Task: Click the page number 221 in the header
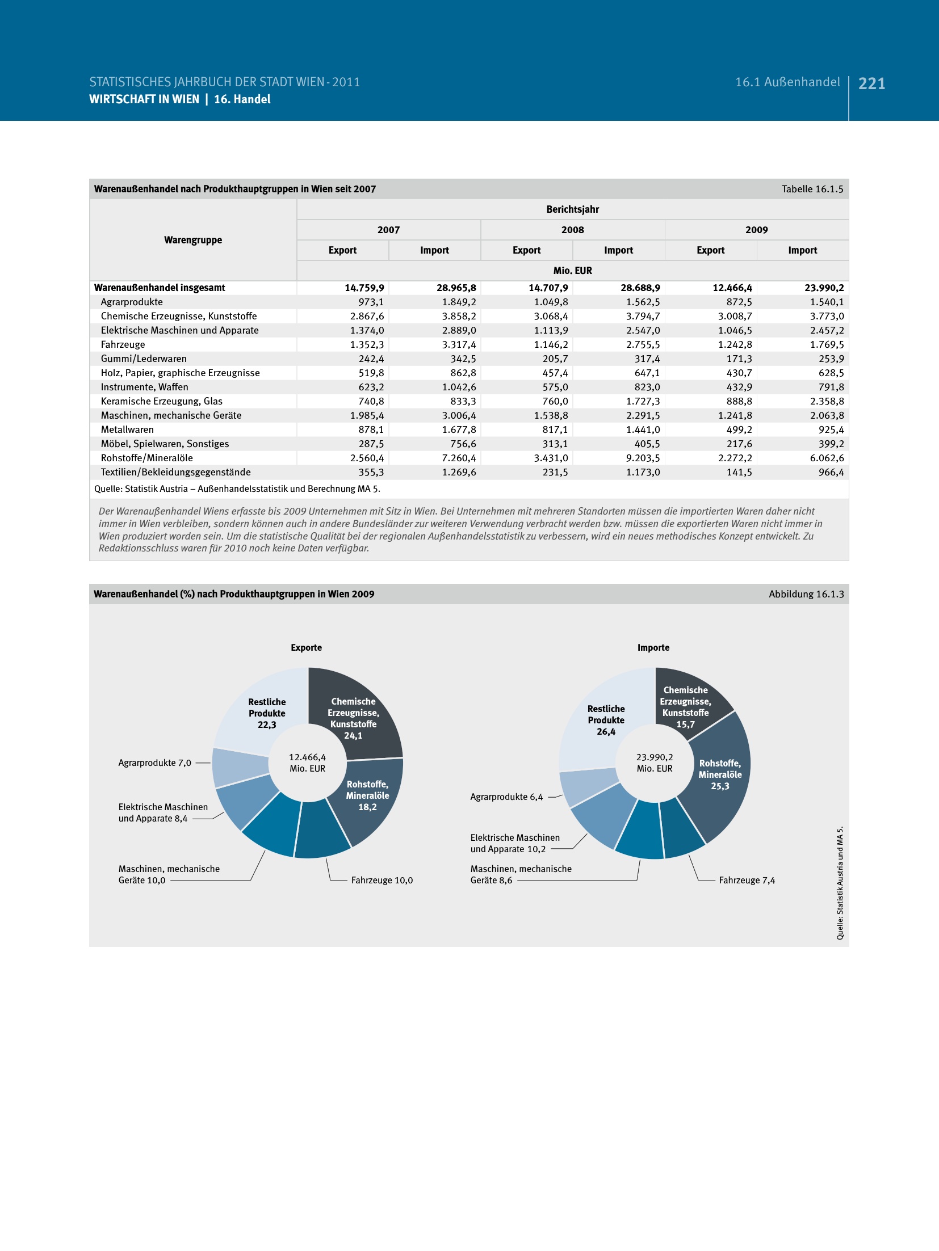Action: coord(871,84)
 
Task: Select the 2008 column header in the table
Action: coord(572,230)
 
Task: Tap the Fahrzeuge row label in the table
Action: coord(123,344)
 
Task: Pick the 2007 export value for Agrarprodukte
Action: coord(371,302)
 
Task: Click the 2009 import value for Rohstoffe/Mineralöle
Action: coord(827,458)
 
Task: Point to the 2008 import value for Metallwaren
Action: coord(643,429)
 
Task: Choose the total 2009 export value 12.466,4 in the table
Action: coord(732,288)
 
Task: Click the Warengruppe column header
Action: coord(193,240)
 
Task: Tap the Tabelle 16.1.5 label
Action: coord(812,189)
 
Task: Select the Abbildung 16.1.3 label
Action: coord(806,594)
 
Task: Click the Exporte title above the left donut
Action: coord(306,647)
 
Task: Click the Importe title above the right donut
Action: coord(653,647)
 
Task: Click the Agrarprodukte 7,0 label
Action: coord(154,763)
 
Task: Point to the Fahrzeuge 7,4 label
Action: coord(747,880)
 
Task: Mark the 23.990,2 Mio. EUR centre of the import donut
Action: coord(655,763)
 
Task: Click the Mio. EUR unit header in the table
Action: coord(572,271)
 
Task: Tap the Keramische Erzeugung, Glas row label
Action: coord(162,401)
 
